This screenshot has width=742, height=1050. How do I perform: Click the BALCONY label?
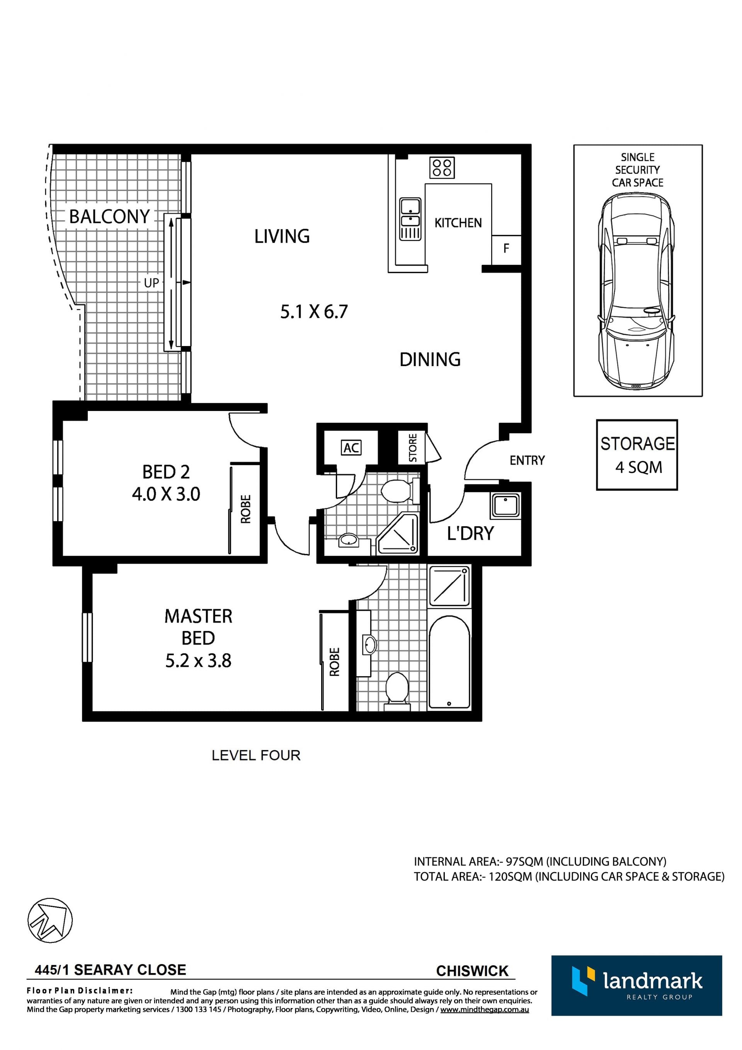(109, 216)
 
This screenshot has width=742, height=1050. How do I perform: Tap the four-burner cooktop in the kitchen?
(442, 168)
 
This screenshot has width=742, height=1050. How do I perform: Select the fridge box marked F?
(507, 250)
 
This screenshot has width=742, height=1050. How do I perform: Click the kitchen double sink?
(410, 219)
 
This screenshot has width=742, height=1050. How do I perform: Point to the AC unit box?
(351, 448)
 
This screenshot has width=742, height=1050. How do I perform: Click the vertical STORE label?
(413, 448)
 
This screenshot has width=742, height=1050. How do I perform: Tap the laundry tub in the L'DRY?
(505, 505)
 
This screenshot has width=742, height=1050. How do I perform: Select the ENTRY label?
(527, 460)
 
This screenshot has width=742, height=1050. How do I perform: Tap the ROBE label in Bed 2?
(246, 509)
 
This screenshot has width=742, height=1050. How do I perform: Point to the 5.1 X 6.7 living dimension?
(314, 312)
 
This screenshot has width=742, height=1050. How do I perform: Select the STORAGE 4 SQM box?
(637, 455)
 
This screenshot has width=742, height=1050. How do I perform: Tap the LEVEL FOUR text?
(256, 755)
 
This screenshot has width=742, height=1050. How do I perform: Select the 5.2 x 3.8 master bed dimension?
(198, 661)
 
